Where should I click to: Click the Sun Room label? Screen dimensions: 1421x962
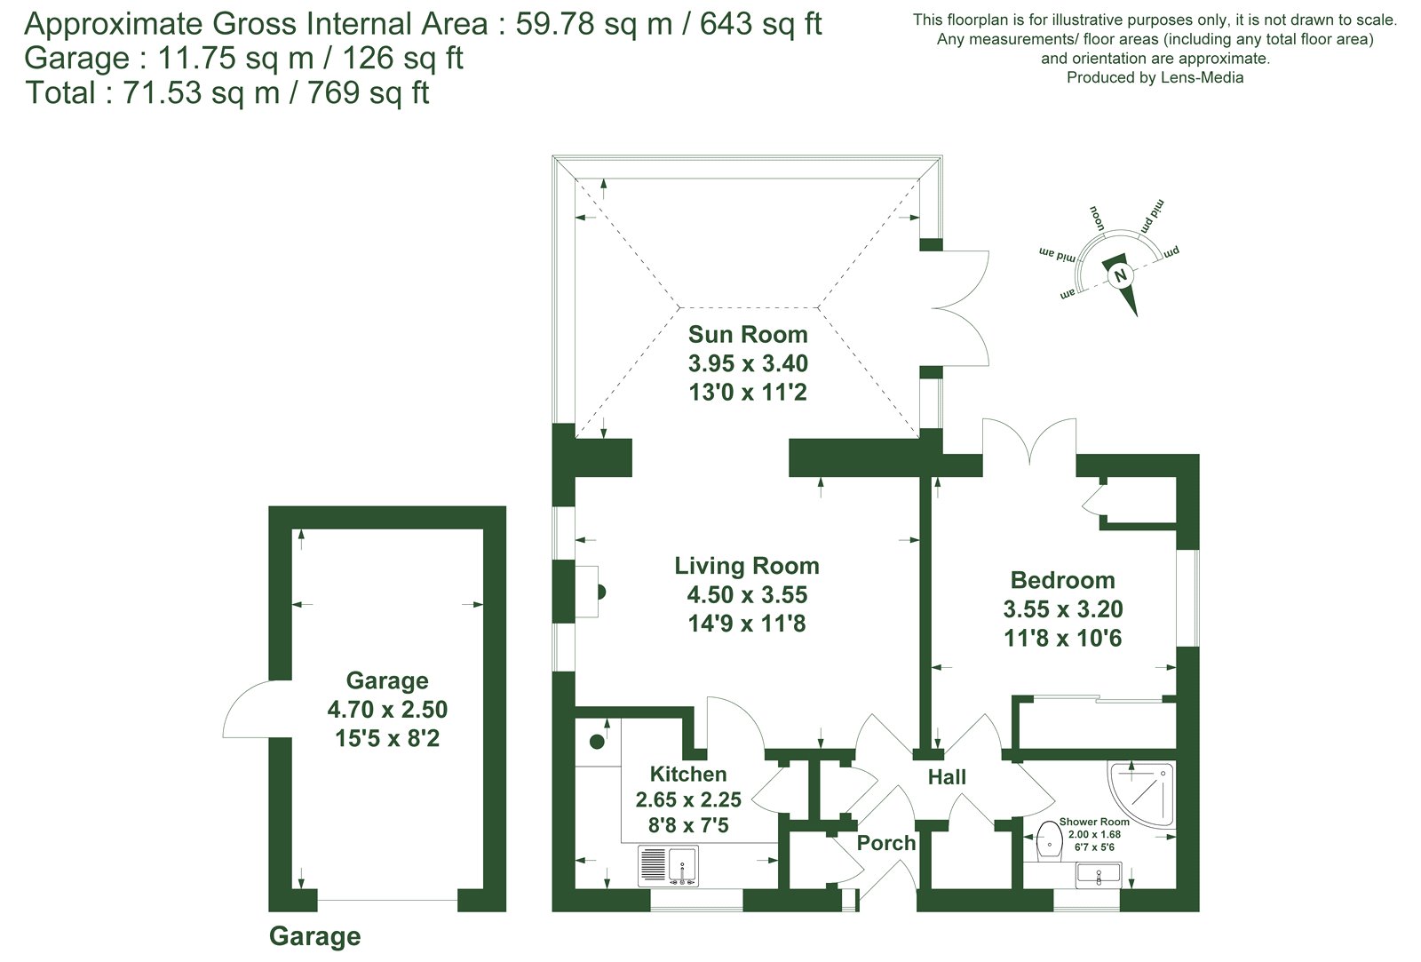(x=747, y=334)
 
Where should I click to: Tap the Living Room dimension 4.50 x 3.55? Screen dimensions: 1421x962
(x=747, y=594)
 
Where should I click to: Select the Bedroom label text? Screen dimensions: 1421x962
(x=1062, y=580)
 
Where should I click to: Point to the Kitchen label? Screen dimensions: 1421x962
(x=688, y=775)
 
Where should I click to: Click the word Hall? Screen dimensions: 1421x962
(x=947, y=776)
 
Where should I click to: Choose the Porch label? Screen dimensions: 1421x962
(x=886, y=843)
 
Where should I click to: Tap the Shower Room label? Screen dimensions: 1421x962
(x=1094, y=822)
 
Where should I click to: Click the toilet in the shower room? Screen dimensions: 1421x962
(x=1049, y=843)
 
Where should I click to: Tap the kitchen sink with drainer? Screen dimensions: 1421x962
(x=668, y=865)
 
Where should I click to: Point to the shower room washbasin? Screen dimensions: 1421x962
(x=1099, y=875)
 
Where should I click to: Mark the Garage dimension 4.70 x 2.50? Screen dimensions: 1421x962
(x=387, y=709)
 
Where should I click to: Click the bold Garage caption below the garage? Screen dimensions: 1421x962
(x=314, y=936)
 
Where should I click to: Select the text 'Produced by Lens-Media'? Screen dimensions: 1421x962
(x=1155, y=77)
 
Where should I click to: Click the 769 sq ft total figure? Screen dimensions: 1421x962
(x=368, y=92)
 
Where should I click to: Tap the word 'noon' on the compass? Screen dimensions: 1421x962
(x=1097, y=219)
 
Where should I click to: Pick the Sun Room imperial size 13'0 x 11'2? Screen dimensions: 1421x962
(x=747, y=392)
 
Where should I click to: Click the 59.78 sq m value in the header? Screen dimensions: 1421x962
(x=594, y=24)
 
